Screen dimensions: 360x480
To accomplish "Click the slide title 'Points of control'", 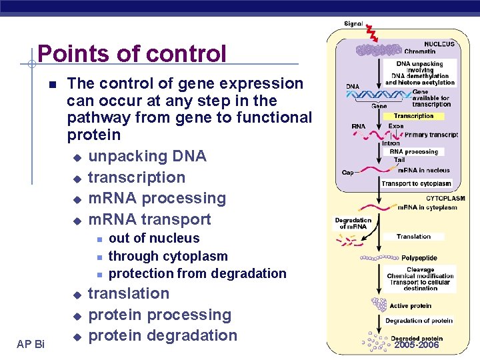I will click(x=132, y=53).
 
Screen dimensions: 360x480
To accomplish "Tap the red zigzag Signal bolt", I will click(x=372, y=33).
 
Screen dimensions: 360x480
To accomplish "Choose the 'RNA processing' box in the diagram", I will click(x=413, y=151).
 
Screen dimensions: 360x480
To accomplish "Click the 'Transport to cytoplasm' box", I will click(x=417, y=183).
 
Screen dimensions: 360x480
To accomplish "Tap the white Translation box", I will click(x=413, y=237).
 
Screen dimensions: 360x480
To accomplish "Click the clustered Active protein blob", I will click(x=379, y=305).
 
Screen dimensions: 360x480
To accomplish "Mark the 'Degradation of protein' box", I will click(x=419, y=321).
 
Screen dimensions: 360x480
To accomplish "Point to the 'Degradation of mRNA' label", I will click(x=353, y=223).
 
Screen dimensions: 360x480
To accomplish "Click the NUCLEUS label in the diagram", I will click(x=439, y=44).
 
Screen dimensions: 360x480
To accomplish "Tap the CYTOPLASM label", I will click(x=445, y=198).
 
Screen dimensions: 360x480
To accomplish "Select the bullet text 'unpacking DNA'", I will click(x=147, y=156).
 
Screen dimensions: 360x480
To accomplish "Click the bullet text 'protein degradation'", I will click(x=163, y=335).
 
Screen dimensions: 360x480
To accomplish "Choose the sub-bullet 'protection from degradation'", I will click(x=197, y=273).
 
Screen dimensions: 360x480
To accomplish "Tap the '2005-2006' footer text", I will click(x=416, y=345).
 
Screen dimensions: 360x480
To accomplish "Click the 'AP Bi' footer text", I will click(x=31, y=343).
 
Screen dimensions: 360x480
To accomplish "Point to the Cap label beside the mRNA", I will click(x=347, y=173).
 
